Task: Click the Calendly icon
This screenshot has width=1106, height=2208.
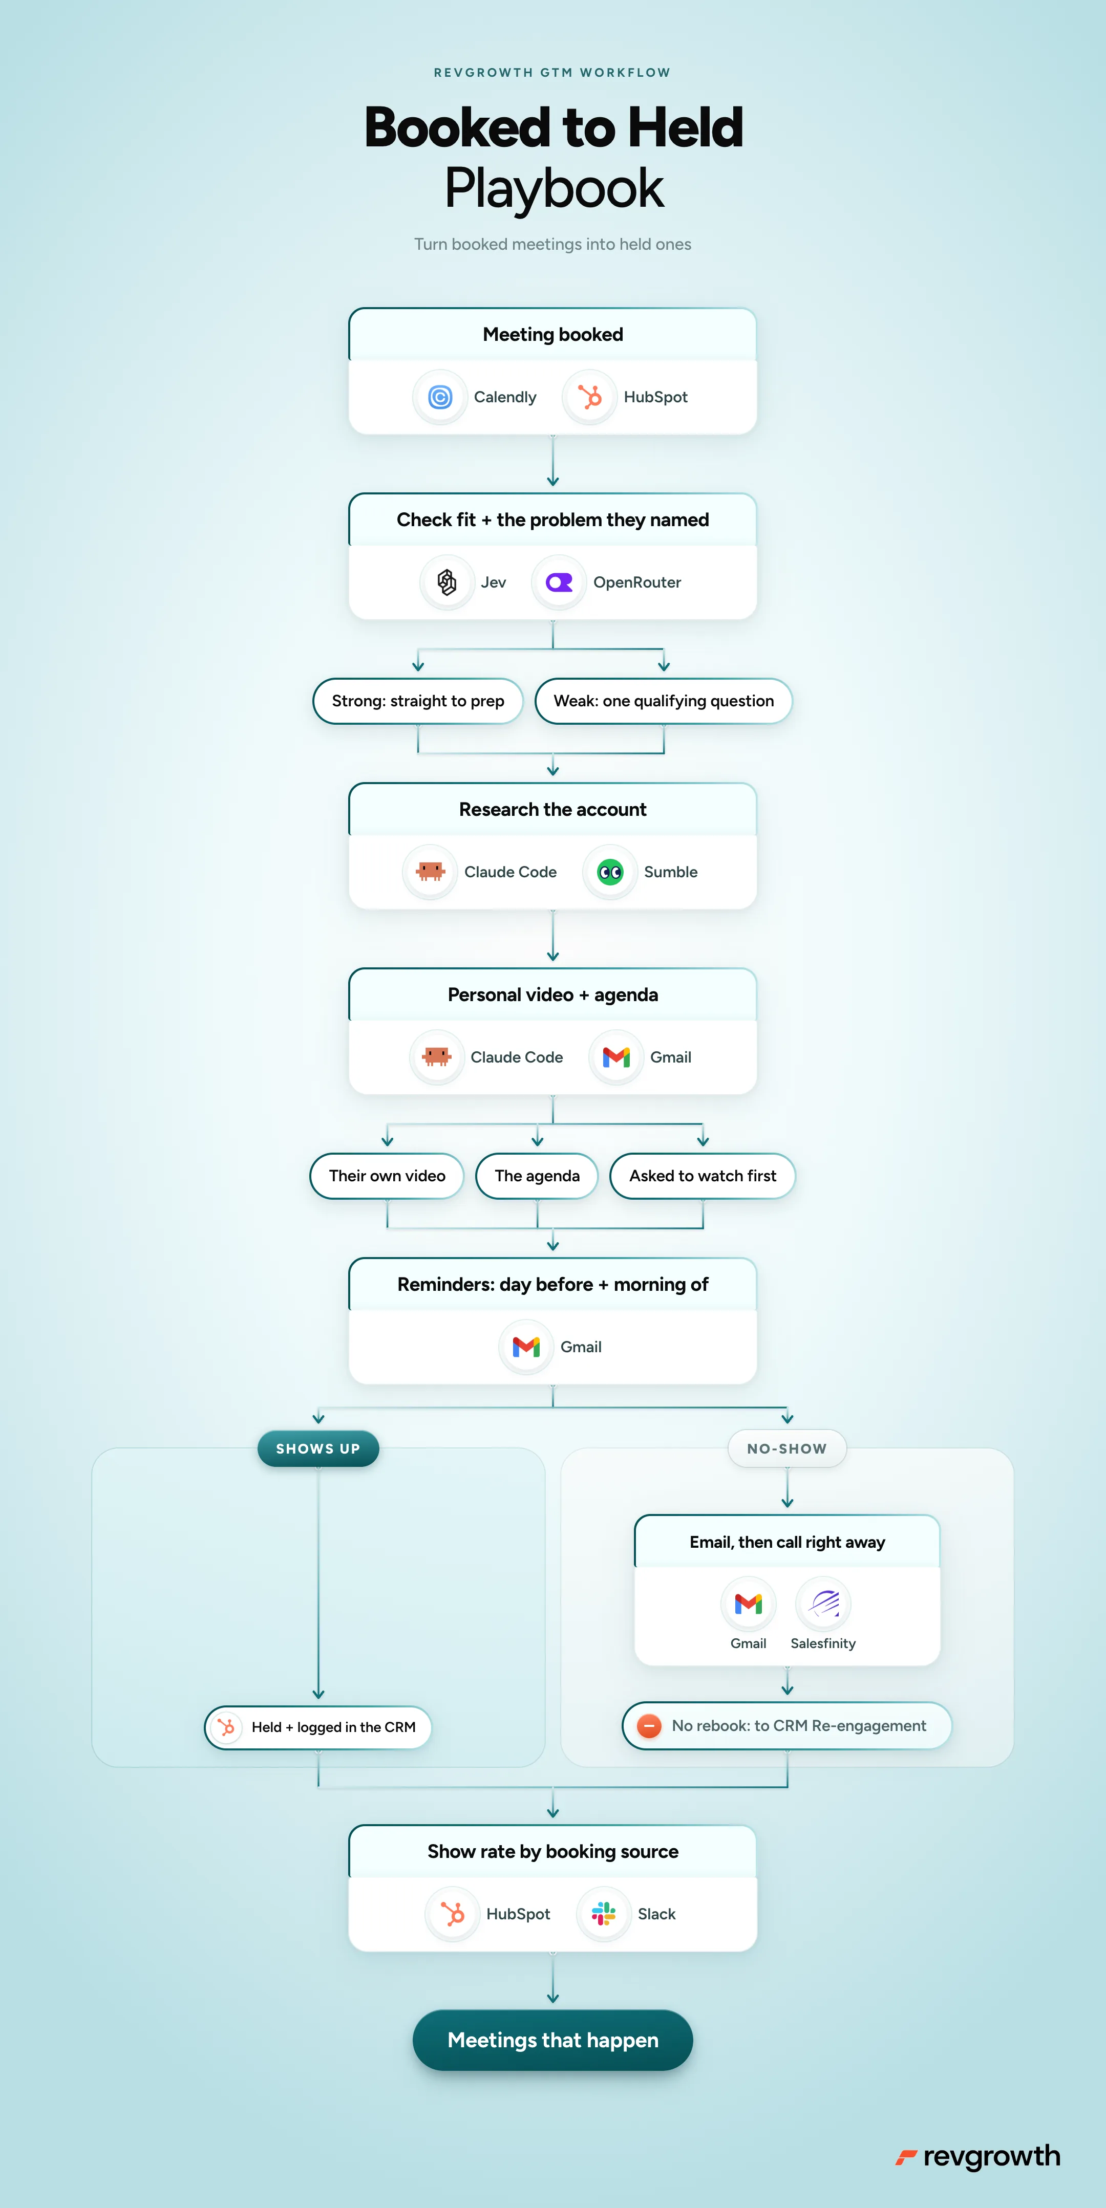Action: (440, 397)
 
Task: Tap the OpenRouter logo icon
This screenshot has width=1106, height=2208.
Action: (559, 582)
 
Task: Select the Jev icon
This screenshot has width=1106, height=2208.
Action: (446, 582)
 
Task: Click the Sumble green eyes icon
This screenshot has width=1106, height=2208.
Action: (610, 872)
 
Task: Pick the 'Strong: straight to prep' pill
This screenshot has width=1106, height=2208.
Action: (417, 701)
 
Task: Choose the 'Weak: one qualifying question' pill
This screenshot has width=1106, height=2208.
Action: (664, 701)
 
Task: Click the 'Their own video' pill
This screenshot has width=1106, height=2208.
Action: (387, 1176)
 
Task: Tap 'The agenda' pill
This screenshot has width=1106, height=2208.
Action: (537, 1176)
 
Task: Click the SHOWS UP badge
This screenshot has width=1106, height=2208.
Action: (318, 1448)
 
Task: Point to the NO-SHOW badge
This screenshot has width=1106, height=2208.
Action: (787, 1448)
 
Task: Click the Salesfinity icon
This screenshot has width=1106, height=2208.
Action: (823, 1603)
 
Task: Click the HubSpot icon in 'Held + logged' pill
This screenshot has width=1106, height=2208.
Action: (226, 1727)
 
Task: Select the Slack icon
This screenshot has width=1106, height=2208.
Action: (604, 1914)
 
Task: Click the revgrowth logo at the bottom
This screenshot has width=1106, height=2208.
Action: (977, 2157)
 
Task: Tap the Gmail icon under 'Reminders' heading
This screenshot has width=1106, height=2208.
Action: (525, 1347)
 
